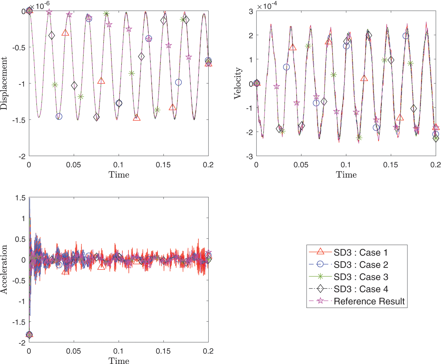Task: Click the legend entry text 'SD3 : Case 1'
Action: pyautogui.click(x=360, y=253)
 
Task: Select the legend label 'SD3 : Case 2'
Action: pyautogui.click(x=361, y=265)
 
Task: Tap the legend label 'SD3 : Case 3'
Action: pyautogui.click(x=361, y=277)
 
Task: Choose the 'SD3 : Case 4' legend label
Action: pyautogui.click(x=361, y=289)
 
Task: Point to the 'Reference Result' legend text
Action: pyautogui.click(x=369, y=301)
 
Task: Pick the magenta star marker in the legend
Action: pyautogui.click(x=320, y=301)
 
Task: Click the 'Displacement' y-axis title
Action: pyautogui.click(x=4, y=84)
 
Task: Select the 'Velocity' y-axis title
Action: pyautogui.click(x=238, y=83)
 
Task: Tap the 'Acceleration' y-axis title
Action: pyautogui.click(x=4, y=269)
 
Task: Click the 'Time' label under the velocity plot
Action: pyautogui.click(x=346, y=175)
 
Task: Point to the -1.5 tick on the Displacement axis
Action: pyautogui.click(x=19, y=120)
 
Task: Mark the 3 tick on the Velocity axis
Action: pyautogui.click(x=251, y=11)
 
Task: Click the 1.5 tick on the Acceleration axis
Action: pyautogui.click(x=20, y=198)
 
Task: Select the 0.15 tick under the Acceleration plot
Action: pyautogui.click(x=163, y=351)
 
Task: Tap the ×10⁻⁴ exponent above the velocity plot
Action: pyautogui.click(x=268, y=6)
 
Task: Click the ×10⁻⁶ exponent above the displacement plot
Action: pyautogui.click(x=40, y=5)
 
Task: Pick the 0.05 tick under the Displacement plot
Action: pyautogui.click(x=73, y=165)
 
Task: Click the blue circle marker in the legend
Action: pyautogui.click(x=320, y=264)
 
